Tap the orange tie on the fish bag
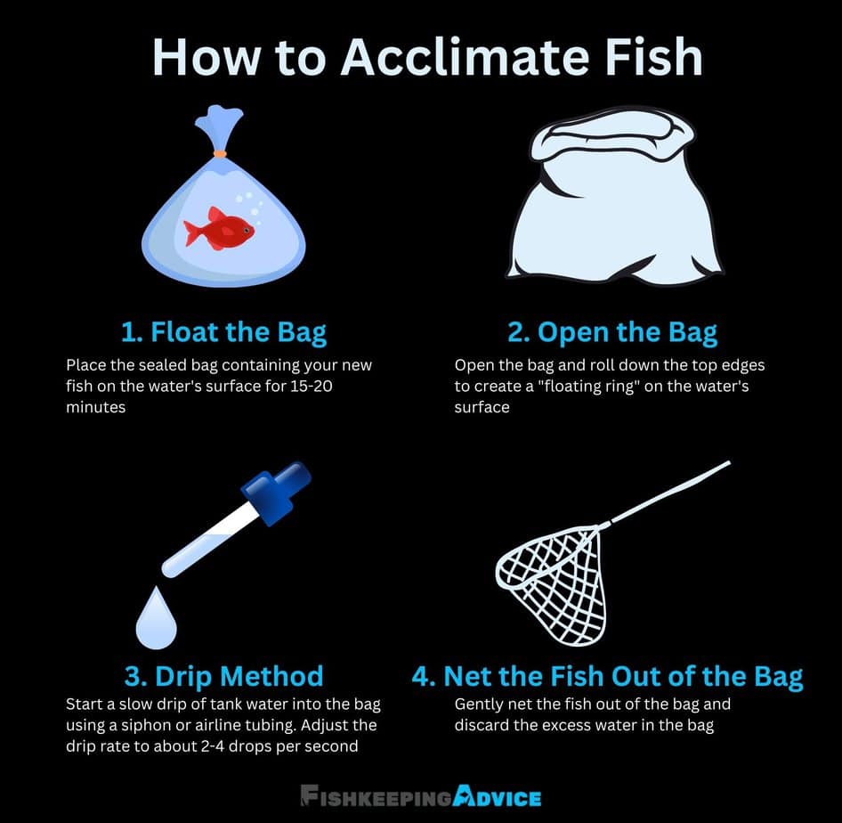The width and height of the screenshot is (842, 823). tap(219, 153)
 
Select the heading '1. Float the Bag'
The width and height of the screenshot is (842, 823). tap(223, 332)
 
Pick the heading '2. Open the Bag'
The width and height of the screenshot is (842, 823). tap(611, 332)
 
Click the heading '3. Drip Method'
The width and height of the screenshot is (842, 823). tap(223, 675)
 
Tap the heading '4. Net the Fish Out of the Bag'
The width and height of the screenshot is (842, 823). tap(607, 675)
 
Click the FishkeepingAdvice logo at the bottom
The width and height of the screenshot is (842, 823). tap(420, 795)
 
